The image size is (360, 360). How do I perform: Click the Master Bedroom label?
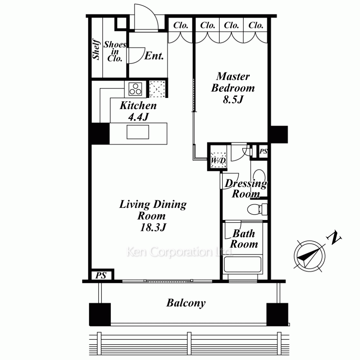coord(233,88)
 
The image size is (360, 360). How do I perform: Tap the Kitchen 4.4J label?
coord(138,111)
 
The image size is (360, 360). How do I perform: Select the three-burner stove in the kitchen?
coord(135,89)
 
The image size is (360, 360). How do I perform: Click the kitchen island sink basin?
coord(138,132)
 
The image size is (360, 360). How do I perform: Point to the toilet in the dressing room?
coord(257,209)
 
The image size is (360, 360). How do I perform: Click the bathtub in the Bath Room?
coord(243,264)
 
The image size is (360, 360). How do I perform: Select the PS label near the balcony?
coord(101,275)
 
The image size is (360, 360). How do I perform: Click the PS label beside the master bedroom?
coord(264,151)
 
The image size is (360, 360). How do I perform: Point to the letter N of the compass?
coord(334,238)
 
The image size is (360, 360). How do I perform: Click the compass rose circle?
coord(310,256)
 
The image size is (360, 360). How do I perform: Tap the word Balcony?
coord(186,303)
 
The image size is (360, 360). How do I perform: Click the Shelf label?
coord(96,49)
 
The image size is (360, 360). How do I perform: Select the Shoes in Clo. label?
coord(115,51)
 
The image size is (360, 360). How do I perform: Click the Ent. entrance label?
coord(154,56)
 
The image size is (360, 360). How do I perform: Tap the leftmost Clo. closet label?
coord(181,25)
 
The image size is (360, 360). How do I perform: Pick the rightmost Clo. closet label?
coord(256,25)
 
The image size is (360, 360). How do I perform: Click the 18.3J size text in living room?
coord(153,227)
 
